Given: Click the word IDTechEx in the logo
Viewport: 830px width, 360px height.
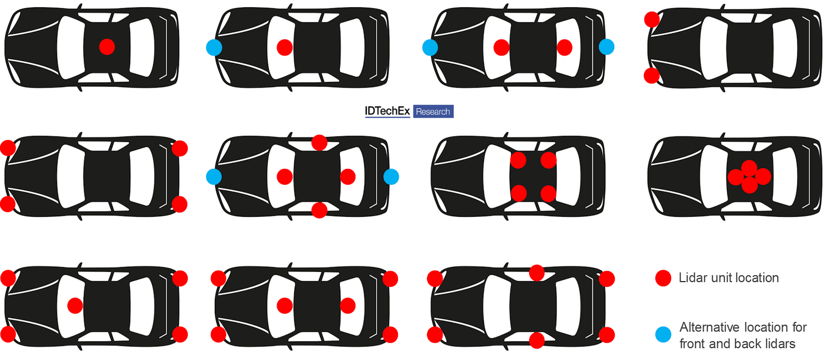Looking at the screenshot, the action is tap(387, 111).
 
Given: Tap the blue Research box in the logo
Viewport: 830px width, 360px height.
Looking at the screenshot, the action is tap(433, 112).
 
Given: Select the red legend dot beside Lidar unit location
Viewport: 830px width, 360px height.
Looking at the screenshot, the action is tap(663, 278).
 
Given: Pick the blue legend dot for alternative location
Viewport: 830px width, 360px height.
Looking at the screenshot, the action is tap(663, 335).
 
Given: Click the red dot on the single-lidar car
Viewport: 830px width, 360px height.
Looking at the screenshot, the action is tap(107, 47).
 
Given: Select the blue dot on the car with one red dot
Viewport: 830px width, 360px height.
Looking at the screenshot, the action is tap(214, 48).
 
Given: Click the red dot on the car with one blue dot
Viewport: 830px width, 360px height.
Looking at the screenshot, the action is tap(285, 47).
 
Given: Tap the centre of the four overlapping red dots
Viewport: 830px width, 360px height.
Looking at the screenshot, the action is tap(749, 177).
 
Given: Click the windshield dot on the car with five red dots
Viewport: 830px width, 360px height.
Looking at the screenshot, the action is tap(75, 306).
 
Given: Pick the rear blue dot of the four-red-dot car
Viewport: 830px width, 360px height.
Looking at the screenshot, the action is tap(391, 177).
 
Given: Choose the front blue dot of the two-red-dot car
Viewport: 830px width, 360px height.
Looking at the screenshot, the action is tap(430, 47).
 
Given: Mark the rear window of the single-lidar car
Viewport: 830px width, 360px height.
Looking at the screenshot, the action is tap(142, 47).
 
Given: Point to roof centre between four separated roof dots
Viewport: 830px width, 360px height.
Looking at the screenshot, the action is tap(533, 177).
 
